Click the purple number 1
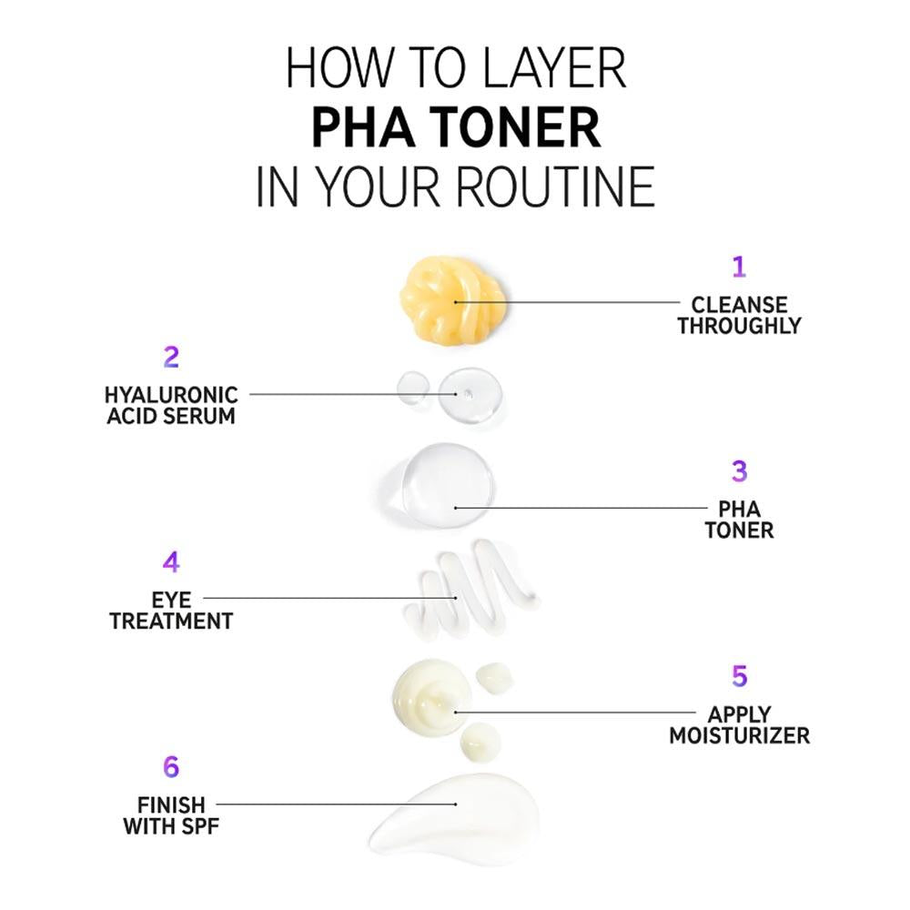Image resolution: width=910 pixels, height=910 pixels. [x=738, y=267]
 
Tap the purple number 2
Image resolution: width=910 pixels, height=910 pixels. [x=171, y=357]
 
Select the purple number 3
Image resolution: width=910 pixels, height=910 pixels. [x=739, y=471]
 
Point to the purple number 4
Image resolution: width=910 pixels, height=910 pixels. [x=171, y=561]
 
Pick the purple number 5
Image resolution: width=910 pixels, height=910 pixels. [x=739, y=676]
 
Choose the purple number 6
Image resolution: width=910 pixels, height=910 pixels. [x=171, y=766]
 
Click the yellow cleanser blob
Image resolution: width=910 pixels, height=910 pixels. [x=452, y=298]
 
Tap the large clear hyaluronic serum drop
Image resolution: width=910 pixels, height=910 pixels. [x=470, y=395]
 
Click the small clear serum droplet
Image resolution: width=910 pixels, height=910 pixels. [x=412, y=387]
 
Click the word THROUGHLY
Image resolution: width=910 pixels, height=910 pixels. [x=739, y=326]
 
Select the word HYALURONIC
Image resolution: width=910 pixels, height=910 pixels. [x=171, y=395]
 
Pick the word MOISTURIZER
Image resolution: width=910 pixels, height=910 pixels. [x=739, y=735]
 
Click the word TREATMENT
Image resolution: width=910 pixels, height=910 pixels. [x=171, y=621]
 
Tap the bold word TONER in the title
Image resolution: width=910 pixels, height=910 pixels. [x=515, y=127]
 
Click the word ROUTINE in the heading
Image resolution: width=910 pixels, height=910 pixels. [x=555, y=187]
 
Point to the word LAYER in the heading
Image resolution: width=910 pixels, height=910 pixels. [x=553, y=68]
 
